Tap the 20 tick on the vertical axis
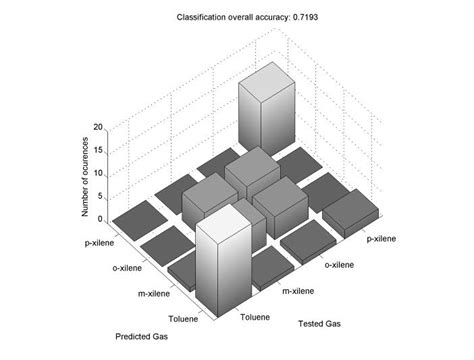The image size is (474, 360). (98, 129)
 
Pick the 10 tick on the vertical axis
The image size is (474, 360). (98, 174)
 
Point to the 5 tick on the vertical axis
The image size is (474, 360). (100, 197)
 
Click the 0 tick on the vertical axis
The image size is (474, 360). (100, 219)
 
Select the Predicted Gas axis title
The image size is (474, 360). (142, 336)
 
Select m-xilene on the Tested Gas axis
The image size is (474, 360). (301, 291)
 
